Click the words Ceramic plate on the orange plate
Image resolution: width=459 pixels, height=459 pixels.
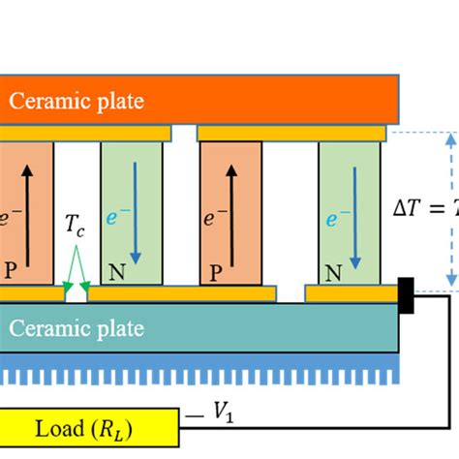76,99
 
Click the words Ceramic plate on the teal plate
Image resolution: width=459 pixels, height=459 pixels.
76,329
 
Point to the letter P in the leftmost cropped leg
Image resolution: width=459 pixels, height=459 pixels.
10,273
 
